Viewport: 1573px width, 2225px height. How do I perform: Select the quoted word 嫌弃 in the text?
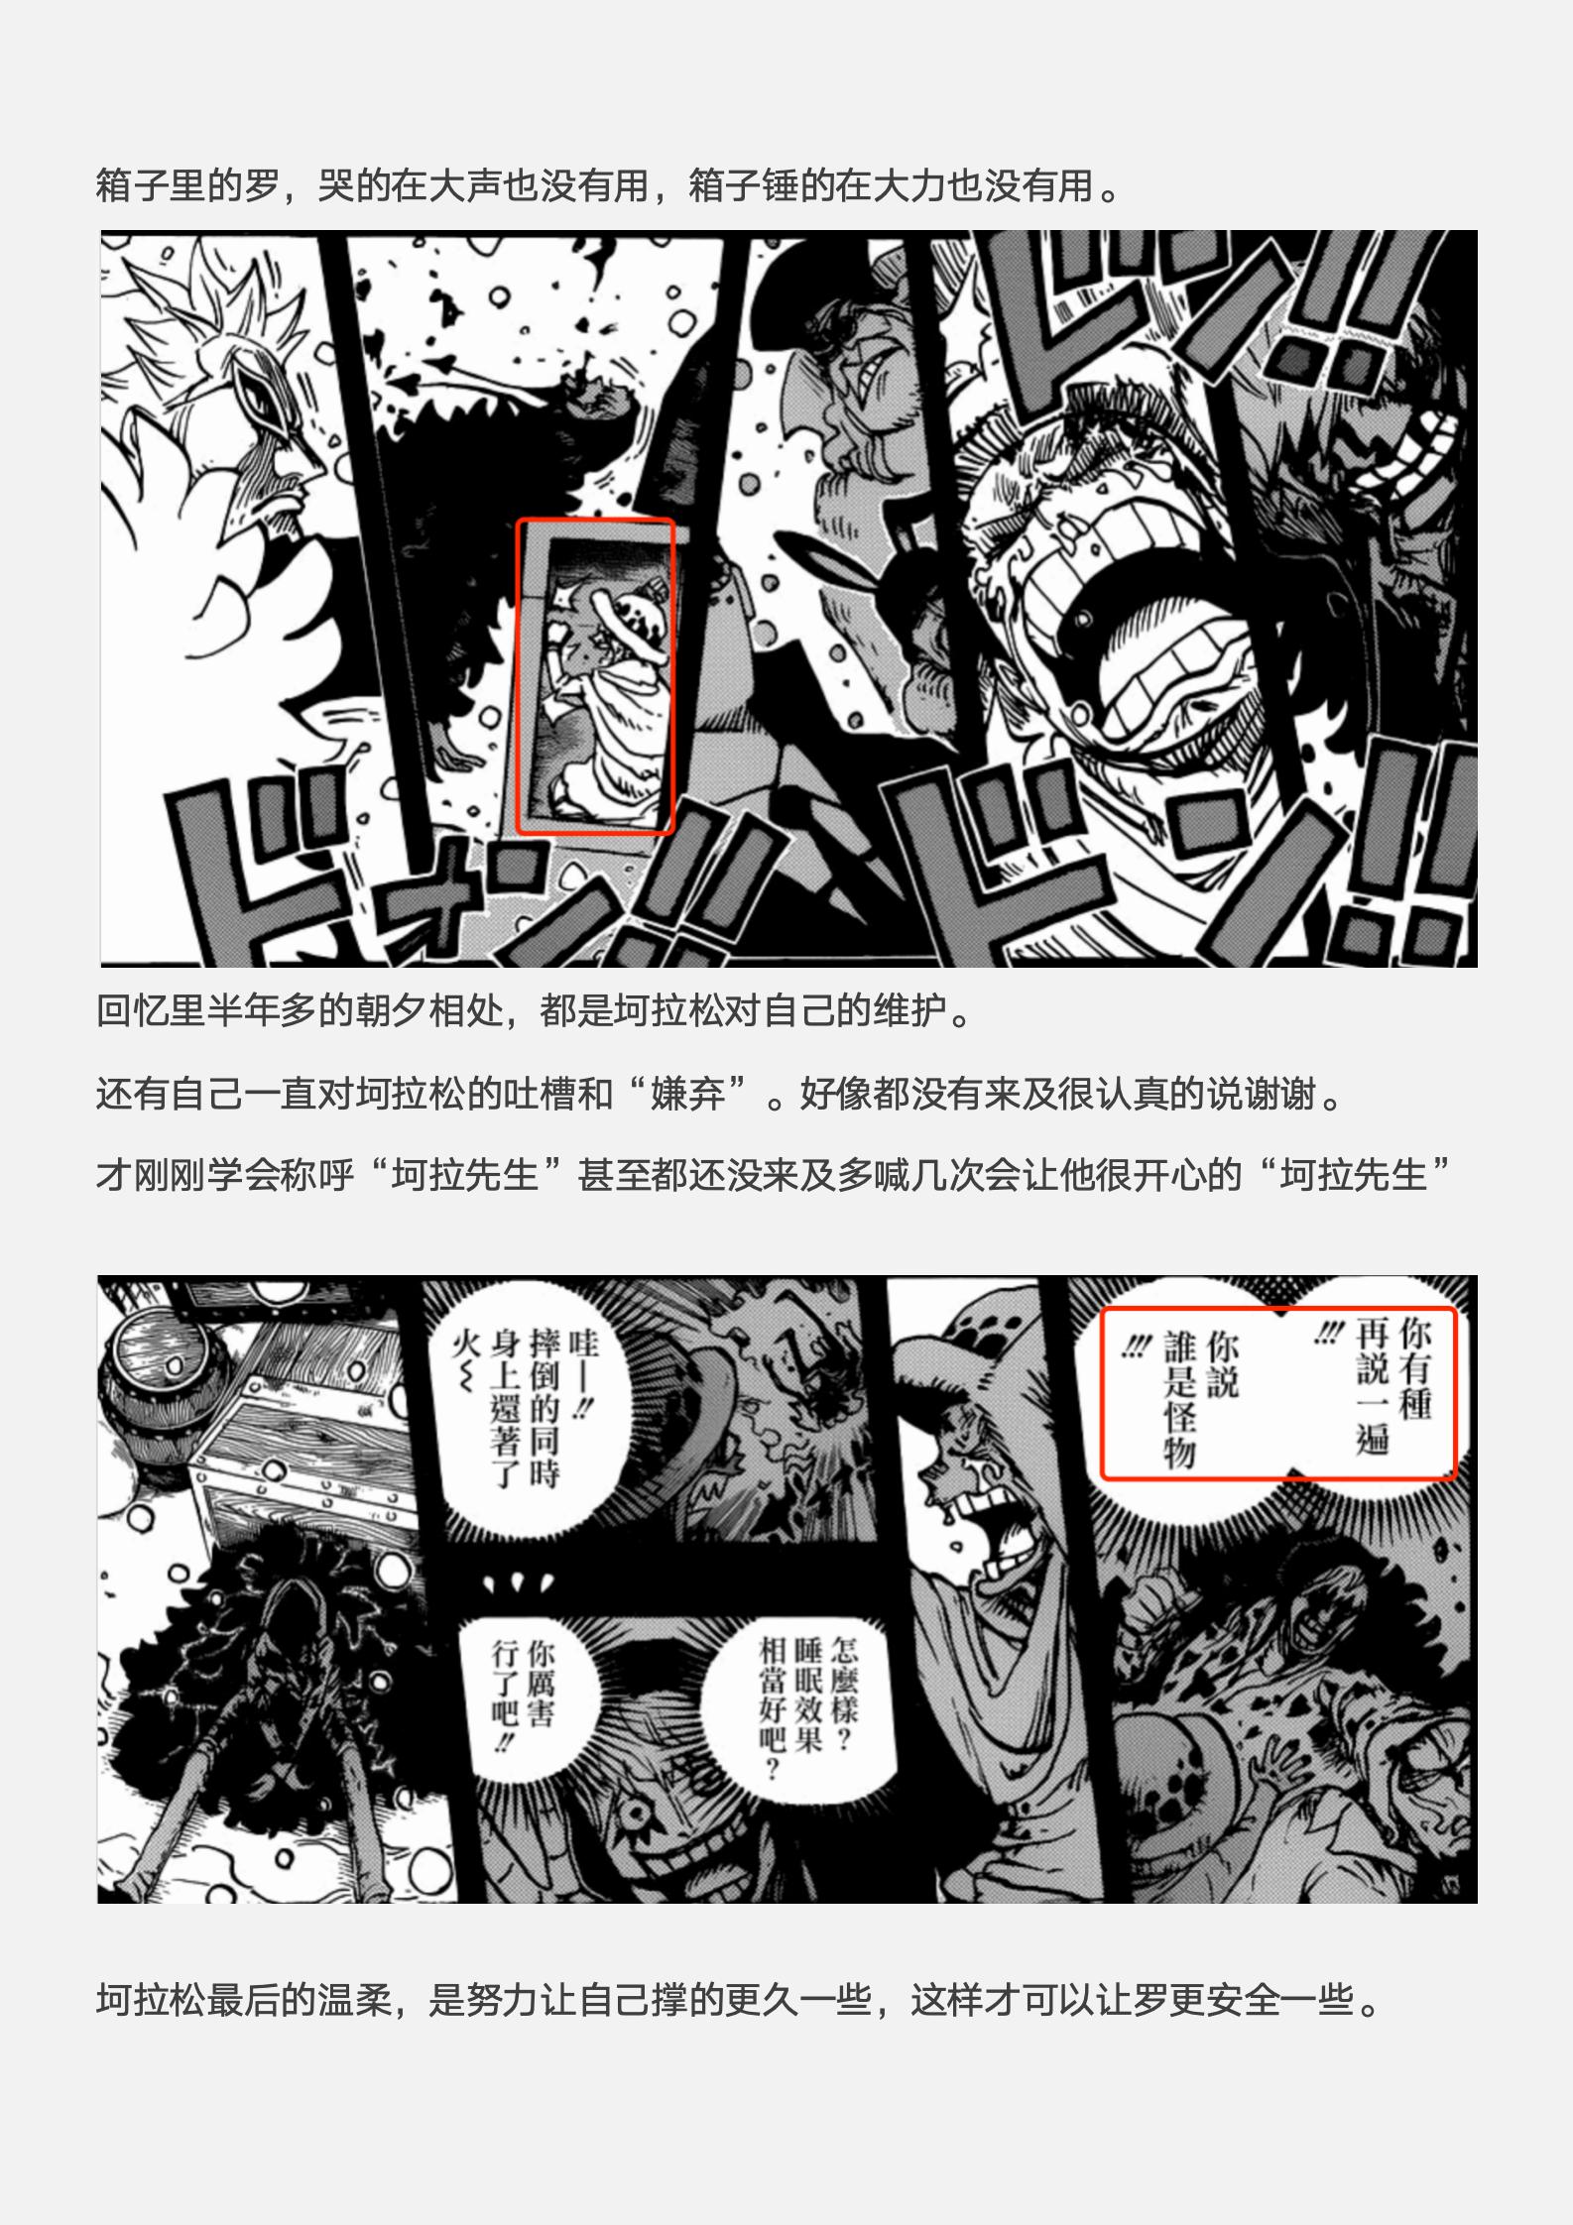(688, 1095)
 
